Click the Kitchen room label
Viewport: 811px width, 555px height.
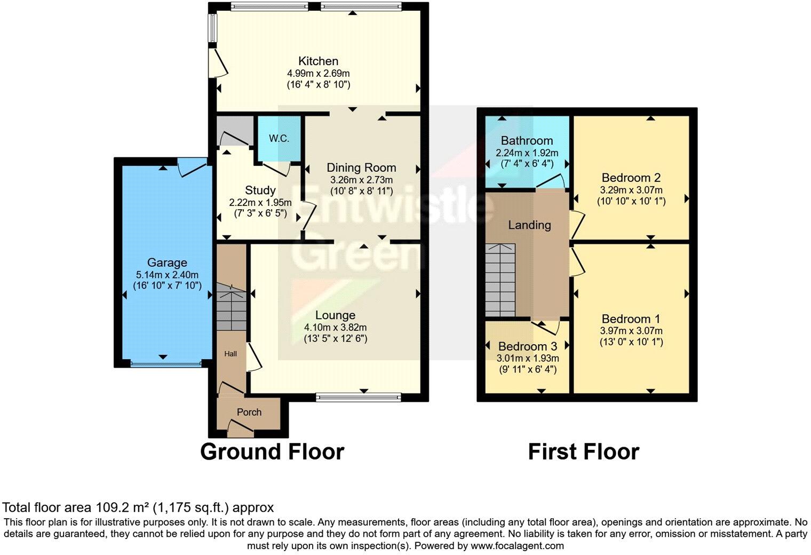click(318, 61)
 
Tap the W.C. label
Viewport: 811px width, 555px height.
click(279, 139)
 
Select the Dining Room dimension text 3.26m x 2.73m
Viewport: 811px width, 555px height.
click(361, 180)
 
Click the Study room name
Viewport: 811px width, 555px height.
click(260, 191)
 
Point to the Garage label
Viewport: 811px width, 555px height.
click(167, 263)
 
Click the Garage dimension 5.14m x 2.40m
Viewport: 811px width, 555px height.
click(167, 274)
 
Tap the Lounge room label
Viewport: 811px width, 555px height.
click(335, 315)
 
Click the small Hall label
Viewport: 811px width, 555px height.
click(230, 354)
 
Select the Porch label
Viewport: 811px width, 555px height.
click(249, 412)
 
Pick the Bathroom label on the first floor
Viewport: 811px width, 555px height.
click(527, 141)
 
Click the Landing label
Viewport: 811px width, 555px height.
click(529, 225)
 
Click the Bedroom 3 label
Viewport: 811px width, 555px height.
click(527, 346)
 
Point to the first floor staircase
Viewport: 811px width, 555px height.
click(500, 280)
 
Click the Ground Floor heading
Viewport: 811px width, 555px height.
click(272, 452)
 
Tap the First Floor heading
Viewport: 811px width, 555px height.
click(583, 452)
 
